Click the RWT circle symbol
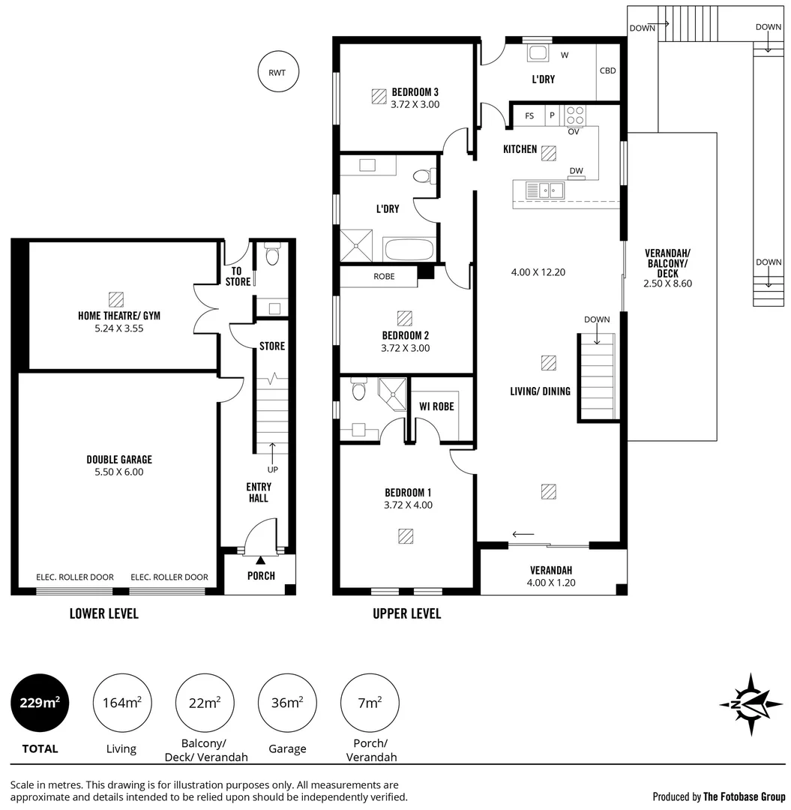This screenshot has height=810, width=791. tap(277, 73)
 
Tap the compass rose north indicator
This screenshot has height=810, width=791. tap(751, 704)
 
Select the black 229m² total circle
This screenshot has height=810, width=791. tap(40, 703)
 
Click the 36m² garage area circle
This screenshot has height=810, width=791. tap(287, 703)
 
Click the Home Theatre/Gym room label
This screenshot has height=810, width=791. tap(119, 316)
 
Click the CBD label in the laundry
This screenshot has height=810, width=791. tap(607, 71)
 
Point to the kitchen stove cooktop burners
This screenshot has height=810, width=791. tap(575, 115)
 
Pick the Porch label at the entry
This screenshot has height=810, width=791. tap(261, 576)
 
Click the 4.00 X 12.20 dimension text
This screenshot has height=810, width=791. tap(538, 272)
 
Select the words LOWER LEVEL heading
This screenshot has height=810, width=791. tap(103, 613)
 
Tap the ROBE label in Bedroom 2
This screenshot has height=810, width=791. tap(384, 276)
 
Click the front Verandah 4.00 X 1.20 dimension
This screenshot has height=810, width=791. tap(552, 582)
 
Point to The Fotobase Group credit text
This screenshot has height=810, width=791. tap(745, 796)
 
